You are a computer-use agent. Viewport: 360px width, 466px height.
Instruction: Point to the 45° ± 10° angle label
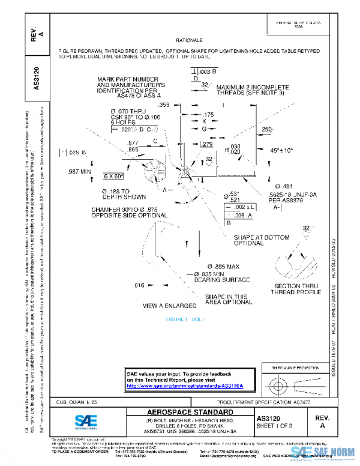point(280,150)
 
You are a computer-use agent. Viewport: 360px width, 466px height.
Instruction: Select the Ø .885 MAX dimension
point(223,266)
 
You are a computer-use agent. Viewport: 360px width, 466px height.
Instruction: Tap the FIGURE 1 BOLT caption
point(185,319)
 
